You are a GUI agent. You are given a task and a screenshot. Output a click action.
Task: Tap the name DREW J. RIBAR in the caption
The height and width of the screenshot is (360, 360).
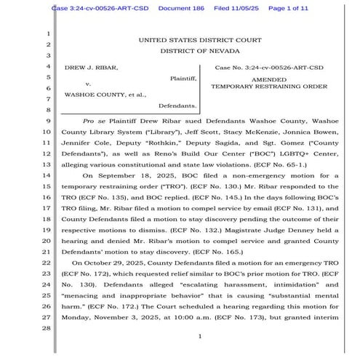point(92,67)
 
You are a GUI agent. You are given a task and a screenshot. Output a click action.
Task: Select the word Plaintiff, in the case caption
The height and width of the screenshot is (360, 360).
point(183,77)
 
